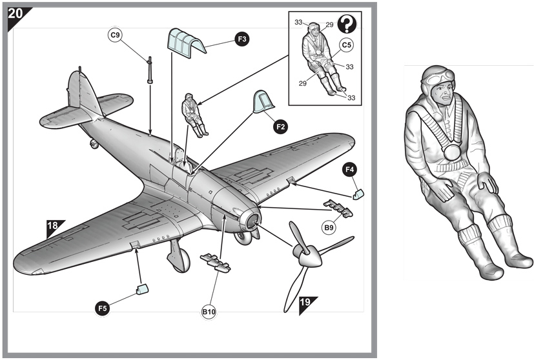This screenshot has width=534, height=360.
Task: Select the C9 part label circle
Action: click(116, 36)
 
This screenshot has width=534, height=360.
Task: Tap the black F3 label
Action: click(241, 39)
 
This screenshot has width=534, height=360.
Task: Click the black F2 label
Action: click(280, 127)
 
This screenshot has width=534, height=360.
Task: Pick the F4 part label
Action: click(350, 170)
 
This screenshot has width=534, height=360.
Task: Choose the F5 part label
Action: click(102, 309)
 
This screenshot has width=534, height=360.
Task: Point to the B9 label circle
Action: click(329, 227)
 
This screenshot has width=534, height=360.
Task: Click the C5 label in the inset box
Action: click(347, 45)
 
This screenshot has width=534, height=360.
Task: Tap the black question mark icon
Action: click(347, 25)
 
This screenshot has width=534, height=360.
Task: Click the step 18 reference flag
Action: click(54, 226)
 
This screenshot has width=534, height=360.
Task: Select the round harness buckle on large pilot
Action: click(452, 153)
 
